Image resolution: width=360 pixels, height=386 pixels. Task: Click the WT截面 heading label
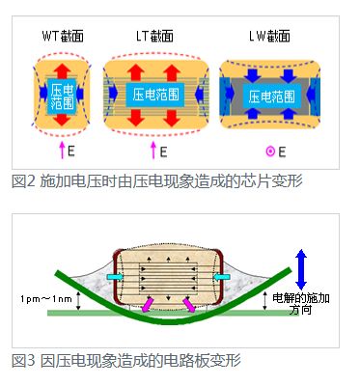(x=64, y=38)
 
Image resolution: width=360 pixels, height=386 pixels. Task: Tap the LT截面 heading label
(x=154, y=38)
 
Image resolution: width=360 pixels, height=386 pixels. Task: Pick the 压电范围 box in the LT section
(x=154, y=94)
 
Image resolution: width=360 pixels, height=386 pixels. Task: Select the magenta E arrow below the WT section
(x=62, y=151)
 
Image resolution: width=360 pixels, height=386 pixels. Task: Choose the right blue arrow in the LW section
(x=319, y=96)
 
